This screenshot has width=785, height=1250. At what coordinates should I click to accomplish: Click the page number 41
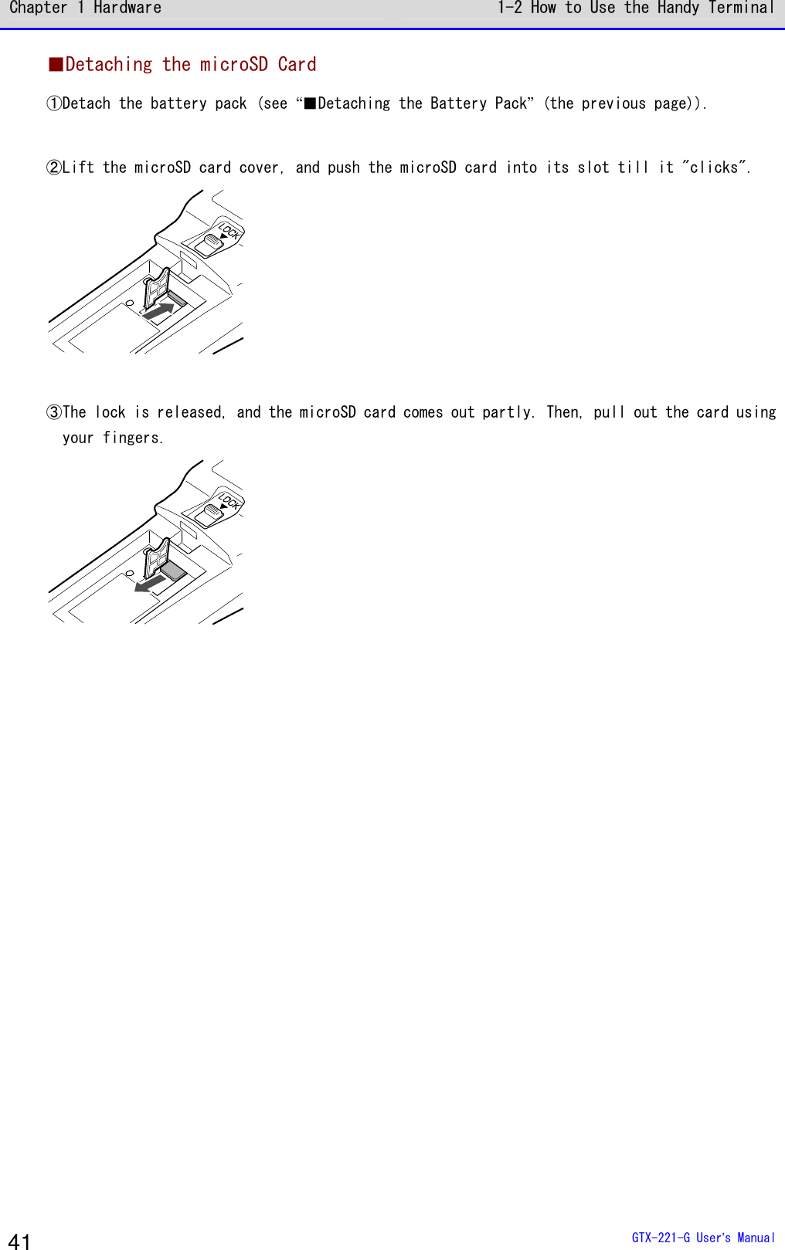pos(19,1241)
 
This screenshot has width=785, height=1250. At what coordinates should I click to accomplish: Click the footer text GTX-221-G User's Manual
pos(702,1238)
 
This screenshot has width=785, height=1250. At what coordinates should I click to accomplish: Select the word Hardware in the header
pos(127,8)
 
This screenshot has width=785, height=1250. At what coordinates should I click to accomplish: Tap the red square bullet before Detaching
pos(56,64)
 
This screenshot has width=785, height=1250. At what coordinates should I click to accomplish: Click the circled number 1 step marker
pos(54,103)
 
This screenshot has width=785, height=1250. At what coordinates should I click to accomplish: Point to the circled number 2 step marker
pos(54,168)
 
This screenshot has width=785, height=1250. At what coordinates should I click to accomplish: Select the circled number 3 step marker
pos(54,412)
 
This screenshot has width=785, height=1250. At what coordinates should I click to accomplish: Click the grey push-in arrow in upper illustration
pos(158,312)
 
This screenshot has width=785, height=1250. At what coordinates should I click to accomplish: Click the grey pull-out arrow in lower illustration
pos(150,583)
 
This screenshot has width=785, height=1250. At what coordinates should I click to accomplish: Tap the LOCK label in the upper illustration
pos(229,230)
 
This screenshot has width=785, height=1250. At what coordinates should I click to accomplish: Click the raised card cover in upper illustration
pos(157,286)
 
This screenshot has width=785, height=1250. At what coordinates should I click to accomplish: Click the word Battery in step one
pos(458,103)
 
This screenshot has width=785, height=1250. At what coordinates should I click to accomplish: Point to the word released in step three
pos(190,412)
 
